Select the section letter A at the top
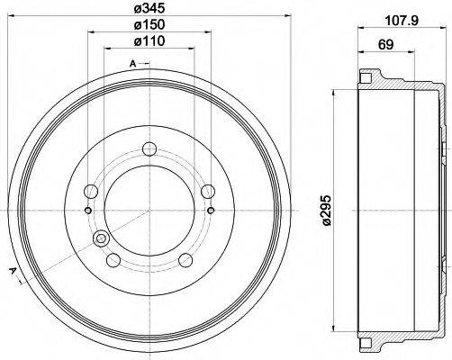click(x=132, y=63)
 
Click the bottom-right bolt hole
click(x=185, y=261)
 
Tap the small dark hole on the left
click(x=86, y=211)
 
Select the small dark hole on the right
click(x=211, y=211)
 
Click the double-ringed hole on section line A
click(x=100, y=239)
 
